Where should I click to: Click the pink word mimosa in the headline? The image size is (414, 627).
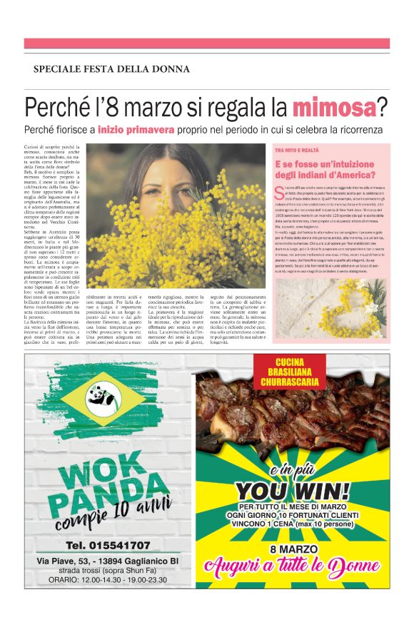(x=334, y=108)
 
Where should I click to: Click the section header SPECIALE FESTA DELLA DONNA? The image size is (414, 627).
(x=111, y=69)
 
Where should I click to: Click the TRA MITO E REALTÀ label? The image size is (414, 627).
(x=296, y=151)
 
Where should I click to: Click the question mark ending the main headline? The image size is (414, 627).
(x=383, y=108)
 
